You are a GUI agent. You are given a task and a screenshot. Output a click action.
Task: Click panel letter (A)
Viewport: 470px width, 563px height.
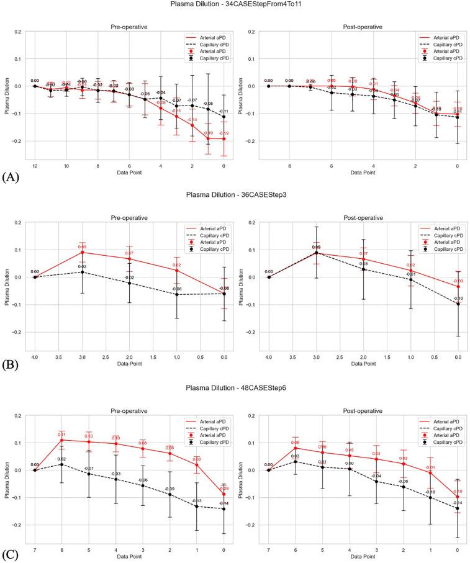tap(10, 176)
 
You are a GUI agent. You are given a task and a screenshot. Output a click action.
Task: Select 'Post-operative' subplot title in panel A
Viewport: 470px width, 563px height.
tap(363, 27)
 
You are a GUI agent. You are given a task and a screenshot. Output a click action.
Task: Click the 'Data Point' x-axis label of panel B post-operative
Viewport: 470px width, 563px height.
tap(363, 364)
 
